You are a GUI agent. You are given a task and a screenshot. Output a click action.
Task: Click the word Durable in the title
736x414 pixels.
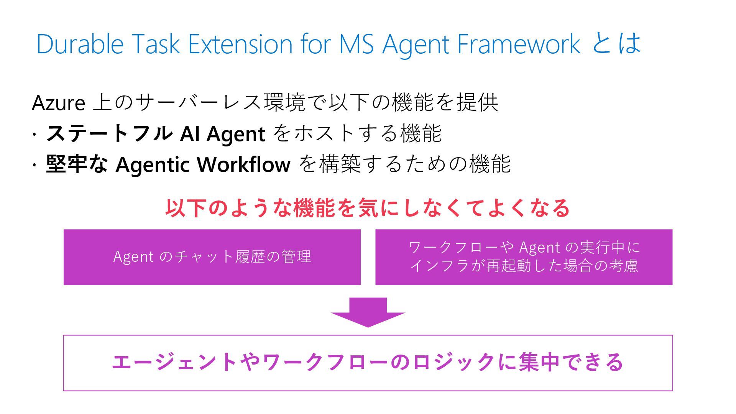click(80, 44)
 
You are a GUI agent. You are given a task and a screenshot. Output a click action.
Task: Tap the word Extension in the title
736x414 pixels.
click(240, 44)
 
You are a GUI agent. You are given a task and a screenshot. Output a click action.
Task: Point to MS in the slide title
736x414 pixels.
click(356, 44)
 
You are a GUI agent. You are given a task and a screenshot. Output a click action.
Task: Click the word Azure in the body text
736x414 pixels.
click(58, 103)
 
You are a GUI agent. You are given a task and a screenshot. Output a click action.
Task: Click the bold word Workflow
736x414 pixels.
click(243, 164)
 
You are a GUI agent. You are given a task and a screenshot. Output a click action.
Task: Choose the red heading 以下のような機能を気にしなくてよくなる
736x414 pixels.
click(367, 208)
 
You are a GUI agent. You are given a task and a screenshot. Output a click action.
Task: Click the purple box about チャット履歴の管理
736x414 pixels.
click(212, 257)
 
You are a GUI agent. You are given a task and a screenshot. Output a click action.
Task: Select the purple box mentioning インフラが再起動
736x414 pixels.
click(524, 257)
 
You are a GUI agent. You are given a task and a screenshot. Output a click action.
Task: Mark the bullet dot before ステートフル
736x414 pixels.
click(34, 135)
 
